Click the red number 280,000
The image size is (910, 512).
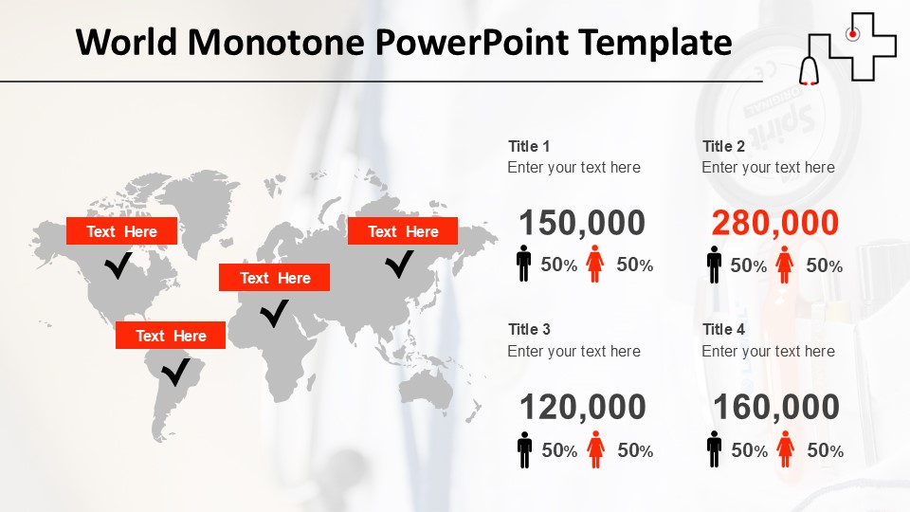[x=774, y=224]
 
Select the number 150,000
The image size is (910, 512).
[x=582, y=224]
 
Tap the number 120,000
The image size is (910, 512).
[x=582, y=408]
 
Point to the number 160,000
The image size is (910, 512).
[x=775, y=408]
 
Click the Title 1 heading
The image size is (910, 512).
[x=529, y=146]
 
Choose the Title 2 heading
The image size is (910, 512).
[x=723, y=146]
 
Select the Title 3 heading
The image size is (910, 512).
[x=529, y=329]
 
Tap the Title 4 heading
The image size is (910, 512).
[x=723, y=329]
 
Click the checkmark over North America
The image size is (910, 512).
[x=118, y=265]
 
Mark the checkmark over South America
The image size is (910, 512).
[x=175, y=372]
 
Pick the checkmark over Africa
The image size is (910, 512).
[x=275, y=313]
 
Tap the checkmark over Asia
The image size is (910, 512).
[x=400, y=264]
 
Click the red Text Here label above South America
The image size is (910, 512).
[x=171, y=336]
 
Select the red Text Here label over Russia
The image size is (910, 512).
[x=403, y=231]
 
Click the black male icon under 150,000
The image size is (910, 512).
[x=524, y=264]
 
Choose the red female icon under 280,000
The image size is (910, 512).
[x=784, y=265]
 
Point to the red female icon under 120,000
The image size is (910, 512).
[x=595, y=449]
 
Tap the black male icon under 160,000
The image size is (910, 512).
[x=715, y=449]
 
